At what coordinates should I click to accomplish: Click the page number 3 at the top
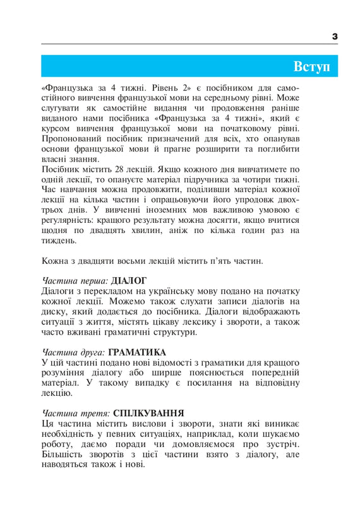[x=335, y=37]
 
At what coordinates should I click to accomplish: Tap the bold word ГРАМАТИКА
[x=138, y=352]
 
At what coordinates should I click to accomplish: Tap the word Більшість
[x=63, y=453]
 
